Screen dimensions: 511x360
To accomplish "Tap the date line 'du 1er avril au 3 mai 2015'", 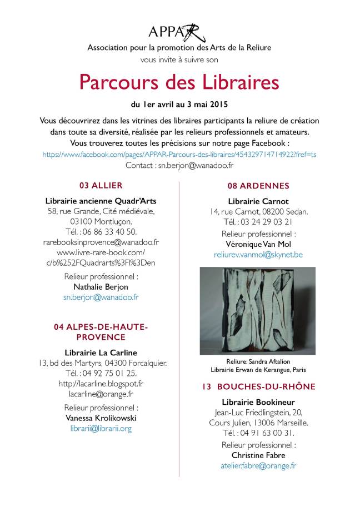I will (x=179, y=104).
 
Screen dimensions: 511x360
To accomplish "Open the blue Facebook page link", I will (x=179, y=154).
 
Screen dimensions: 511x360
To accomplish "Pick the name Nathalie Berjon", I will (x=101, y=286).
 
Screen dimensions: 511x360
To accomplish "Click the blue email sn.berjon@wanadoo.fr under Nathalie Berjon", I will (x=101, y=297).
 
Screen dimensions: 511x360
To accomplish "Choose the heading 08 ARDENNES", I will (x=258, y=186).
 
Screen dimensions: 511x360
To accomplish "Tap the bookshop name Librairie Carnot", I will (x=258, y=201).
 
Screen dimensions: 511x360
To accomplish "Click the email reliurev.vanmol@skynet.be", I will (x=258, y=254).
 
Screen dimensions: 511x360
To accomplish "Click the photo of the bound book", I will (x=258, y=310).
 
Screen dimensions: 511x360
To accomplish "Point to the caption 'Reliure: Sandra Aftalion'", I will (x=258, y=361).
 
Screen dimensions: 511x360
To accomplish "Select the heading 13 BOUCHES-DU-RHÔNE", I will (x=258, y=386).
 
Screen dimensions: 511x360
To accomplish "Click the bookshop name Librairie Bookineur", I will (x=258, y=401).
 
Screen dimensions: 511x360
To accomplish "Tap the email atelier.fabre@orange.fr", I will (x=258, y=466).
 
